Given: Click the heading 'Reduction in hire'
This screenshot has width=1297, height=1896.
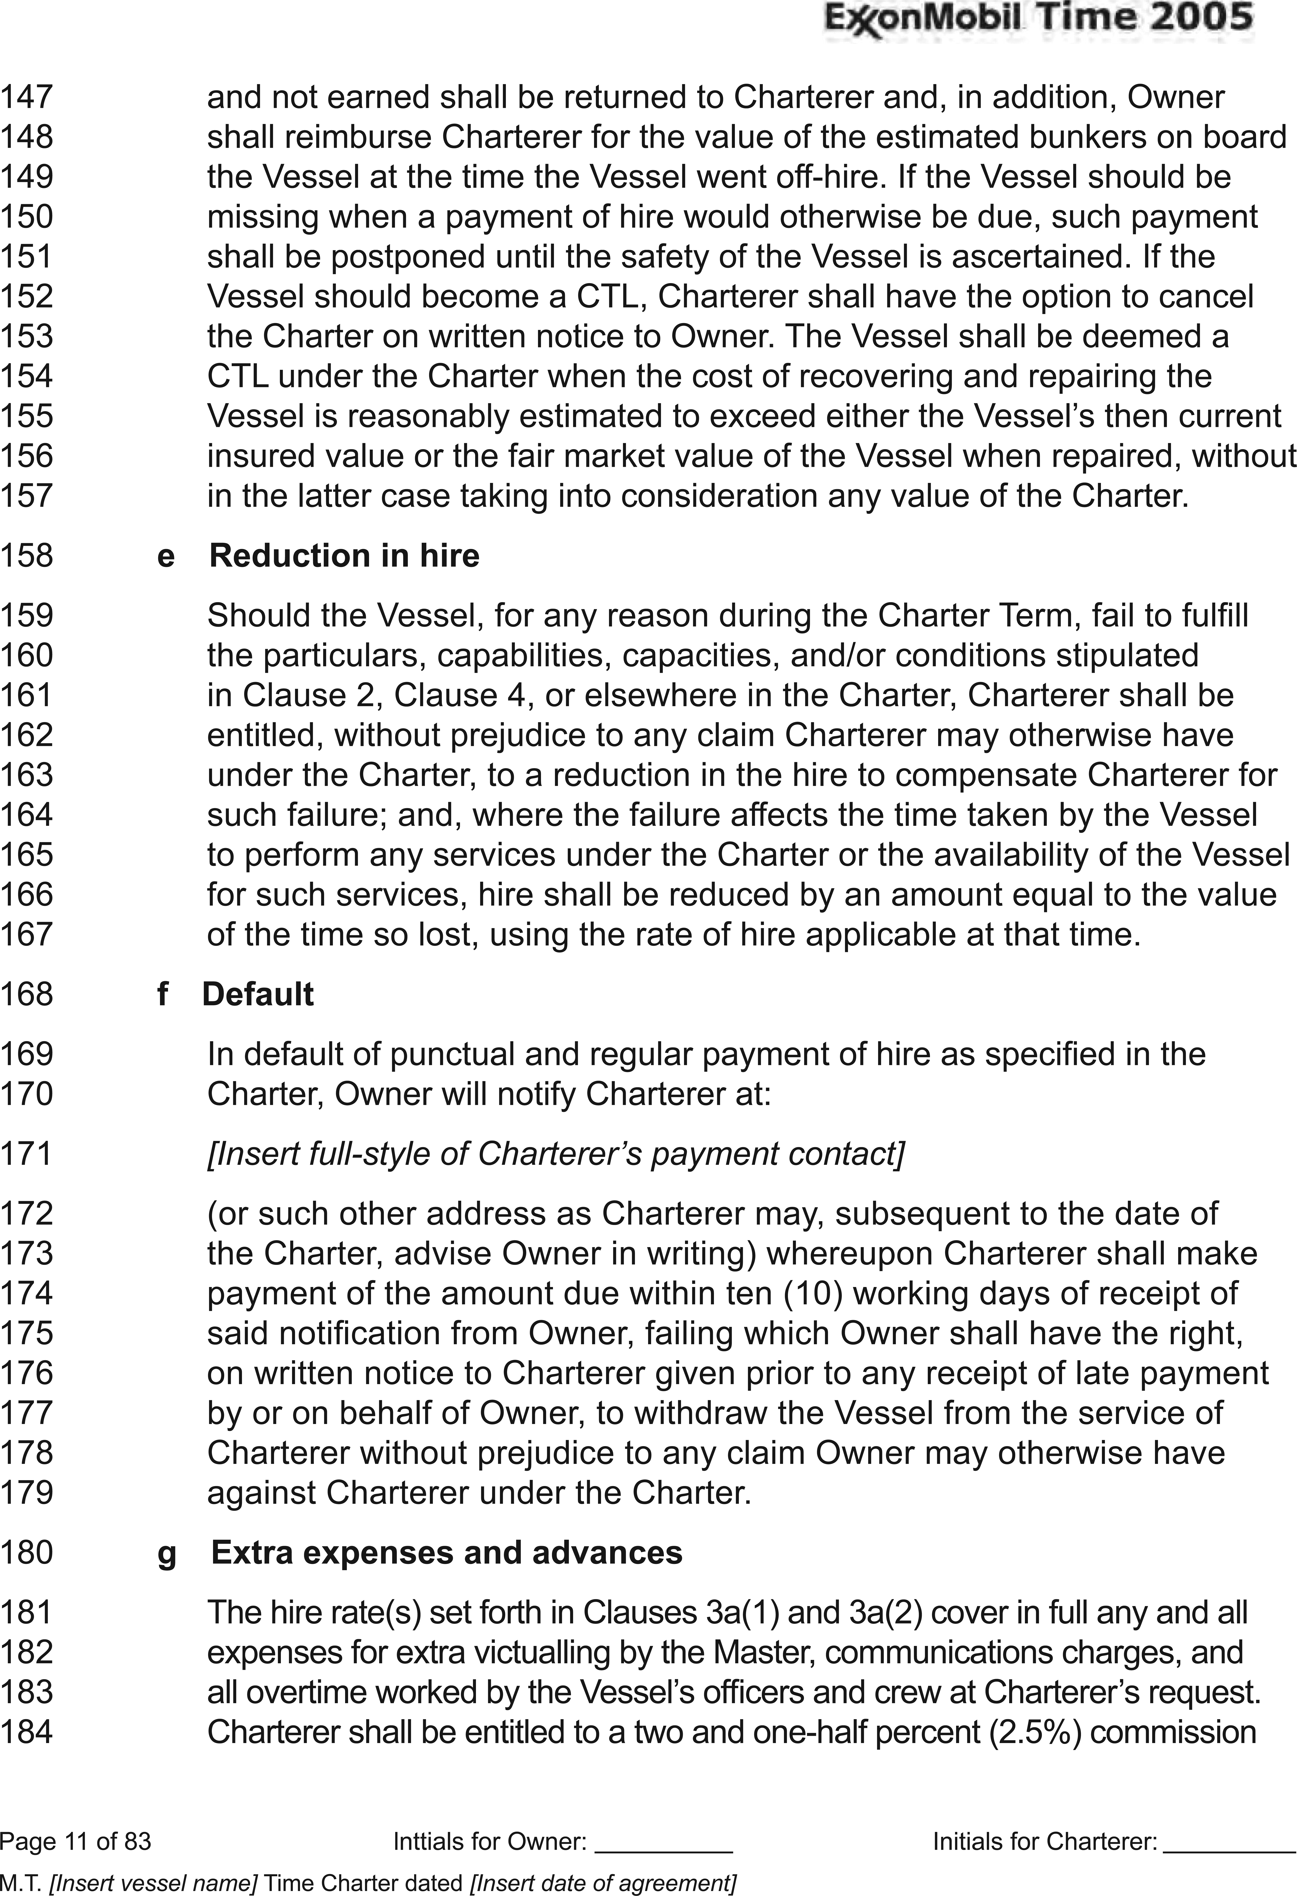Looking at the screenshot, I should [x=344, y=556].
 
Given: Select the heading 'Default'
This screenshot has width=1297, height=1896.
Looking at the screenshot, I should [x=258, y=994].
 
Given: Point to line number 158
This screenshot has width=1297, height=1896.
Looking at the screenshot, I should [x=26, y=556].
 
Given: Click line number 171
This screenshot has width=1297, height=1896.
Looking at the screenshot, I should [x=26, y=1154].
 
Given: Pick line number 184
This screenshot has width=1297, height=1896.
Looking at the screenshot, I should [x=26, y=1731].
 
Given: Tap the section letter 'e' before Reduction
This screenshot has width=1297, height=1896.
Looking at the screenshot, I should [x=166, y=557].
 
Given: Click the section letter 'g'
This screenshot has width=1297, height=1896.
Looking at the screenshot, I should [x=167, y=1554].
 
